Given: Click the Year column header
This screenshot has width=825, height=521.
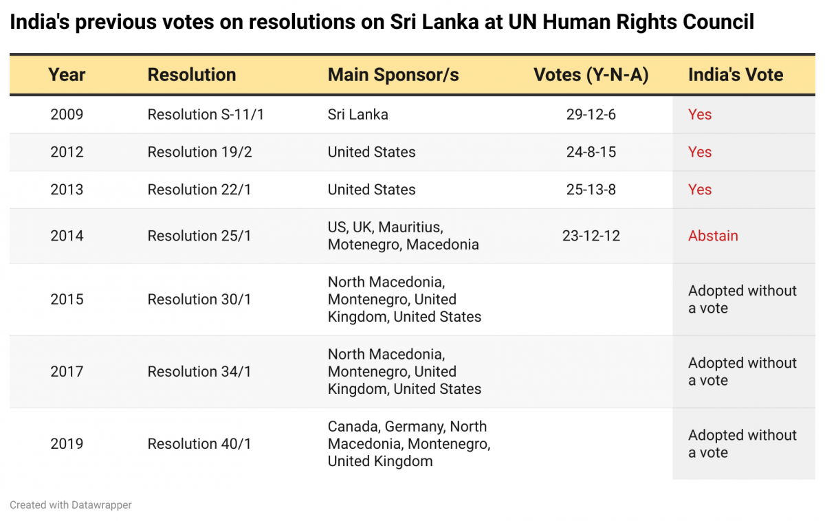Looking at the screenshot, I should [x=67, y=75].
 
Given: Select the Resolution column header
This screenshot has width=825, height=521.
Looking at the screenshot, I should [x=191, y=75].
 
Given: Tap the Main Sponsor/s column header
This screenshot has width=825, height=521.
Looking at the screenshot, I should [x=393, y=75].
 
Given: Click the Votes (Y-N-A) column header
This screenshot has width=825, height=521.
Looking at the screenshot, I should [x=591, y=75].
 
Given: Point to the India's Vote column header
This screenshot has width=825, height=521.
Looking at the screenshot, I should [x=736, y=75].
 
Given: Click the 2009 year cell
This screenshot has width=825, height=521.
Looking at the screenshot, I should [x=67, y=114].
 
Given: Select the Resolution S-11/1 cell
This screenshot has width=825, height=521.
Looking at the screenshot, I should [x=206, y=114].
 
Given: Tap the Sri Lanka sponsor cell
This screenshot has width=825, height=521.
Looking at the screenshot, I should [x=357, y=114].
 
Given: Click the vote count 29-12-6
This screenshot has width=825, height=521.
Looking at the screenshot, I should [x=591, y=114].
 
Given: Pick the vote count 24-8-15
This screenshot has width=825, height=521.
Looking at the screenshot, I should [x=591, y=152].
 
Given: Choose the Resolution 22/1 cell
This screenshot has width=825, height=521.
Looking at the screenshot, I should [x=199, y=190].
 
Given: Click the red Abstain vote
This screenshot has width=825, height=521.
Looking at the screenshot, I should [x=713, y=236].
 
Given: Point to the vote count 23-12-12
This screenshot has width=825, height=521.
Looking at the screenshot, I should [x=591, y=236].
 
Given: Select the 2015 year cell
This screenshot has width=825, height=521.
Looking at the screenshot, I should [x=67, y=300].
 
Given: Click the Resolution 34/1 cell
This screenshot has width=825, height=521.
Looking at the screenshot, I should [x=199, y=372].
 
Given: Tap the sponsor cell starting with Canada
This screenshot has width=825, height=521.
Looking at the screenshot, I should [x=408, y=444].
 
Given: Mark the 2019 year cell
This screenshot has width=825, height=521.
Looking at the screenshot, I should [x=67, y=444].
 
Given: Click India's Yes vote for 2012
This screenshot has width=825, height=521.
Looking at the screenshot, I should [x=700, y=152].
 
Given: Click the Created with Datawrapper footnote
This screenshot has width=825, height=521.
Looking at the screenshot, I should [x=71, y=505].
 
